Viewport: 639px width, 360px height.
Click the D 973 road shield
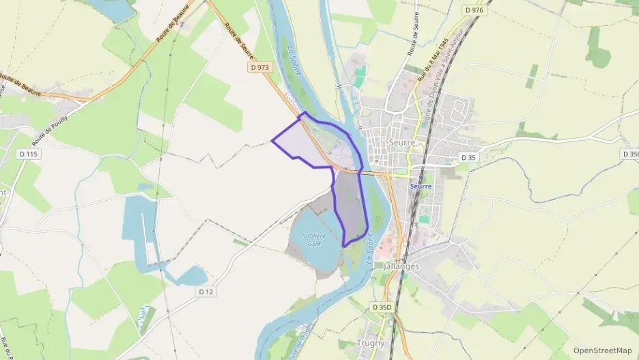click(259, 67)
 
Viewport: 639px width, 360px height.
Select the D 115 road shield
click(28, 154)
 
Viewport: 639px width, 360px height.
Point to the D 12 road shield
click(206, 292)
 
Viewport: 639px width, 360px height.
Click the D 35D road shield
click(382, 307)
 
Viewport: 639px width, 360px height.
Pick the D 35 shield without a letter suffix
click(468, 157)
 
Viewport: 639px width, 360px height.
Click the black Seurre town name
click(401, 141)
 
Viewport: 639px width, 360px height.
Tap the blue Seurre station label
click(421, 186)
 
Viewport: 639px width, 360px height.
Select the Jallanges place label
click(401, 266)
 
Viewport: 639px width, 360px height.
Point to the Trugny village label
click(371, 343)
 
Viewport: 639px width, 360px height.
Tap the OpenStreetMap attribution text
click(601, 350)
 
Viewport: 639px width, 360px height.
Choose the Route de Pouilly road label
click(60, 120)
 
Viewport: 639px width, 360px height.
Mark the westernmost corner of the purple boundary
click(272, 141)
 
